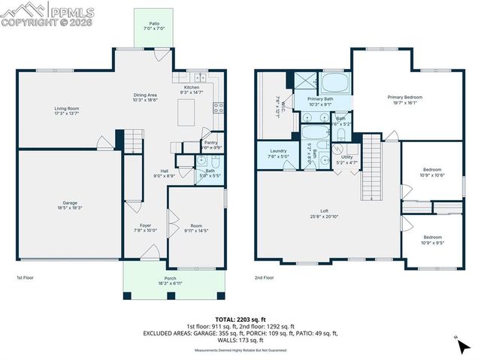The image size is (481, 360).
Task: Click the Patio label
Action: pyautogui.click(x=153, y=26)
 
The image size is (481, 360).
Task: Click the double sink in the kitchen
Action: pyautogui.click(x=199, y=77)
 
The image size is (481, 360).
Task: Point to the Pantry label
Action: pyautogui.click(x=211, y=144)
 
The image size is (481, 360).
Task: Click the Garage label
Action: pyautogui.click(x=69, y=205)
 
